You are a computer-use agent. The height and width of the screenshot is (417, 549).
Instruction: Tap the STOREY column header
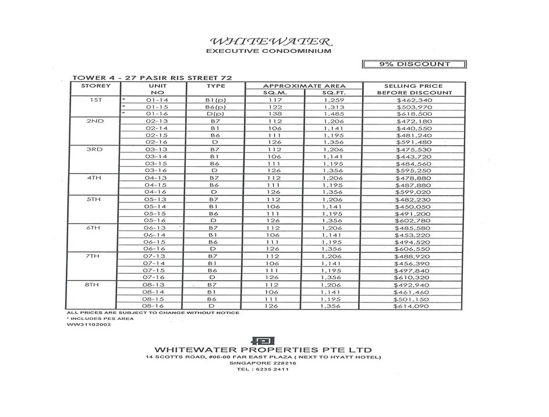click(95, 85)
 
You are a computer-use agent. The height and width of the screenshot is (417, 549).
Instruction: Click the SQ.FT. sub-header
click(334, 92)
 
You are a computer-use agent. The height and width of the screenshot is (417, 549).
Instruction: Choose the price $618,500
click(414, 114)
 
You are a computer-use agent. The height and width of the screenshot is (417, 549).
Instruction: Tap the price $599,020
click(414, 192)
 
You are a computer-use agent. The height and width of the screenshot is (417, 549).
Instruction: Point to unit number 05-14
click(157, 206)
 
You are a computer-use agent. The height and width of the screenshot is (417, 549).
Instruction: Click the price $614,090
click(414, 306)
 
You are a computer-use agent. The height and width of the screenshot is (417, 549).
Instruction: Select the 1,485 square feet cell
click(334, 114)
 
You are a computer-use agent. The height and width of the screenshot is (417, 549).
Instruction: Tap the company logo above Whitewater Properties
click(263, 341)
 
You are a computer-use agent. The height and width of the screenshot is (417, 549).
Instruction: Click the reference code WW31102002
click(88, 325)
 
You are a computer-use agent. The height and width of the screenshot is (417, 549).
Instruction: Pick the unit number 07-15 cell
click(157, 270)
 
